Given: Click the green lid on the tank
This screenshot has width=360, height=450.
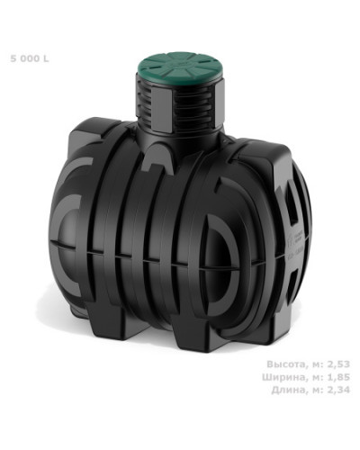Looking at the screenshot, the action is [181, 68].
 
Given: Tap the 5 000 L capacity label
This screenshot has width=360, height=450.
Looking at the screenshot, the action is [30, 58].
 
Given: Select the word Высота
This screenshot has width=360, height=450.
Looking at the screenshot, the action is [286, 364].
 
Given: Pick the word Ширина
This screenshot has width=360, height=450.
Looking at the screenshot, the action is [283, 377].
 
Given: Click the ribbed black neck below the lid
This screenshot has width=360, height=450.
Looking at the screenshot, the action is [180, 108].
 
